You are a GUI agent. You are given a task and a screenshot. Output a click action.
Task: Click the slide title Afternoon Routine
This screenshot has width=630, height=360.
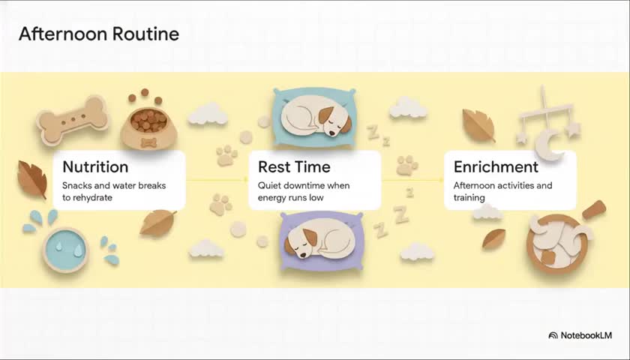tap(99, 34)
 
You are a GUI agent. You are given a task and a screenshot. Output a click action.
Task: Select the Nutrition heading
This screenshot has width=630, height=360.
tap(96, 166)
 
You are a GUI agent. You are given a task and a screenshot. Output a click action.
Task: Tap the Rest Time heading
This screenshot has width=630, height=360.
tap(294, 166)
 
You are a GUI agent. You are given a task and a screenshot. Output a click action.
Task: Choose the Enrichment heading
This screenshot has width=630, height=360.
tap(496, 166)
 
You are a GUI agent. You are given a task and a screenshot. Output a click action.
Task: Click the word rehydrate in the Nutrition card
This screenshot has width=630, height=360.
tap(92, 198)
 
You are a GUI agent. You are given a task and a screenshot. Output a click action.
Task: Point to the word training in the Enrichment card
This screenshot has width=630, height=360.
tap(469, 198)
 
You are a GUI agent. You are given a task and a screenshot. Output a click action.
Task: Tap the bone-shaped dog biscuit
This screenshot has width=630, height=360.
tap(72, 120)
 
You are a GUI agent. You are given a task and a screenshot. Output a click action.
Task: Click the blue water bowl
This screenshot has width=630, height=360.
tap(65, 250)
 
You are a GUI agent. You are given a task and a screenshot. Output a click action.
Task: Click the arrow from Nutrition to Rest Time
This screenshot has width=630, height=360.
tap(217, 179)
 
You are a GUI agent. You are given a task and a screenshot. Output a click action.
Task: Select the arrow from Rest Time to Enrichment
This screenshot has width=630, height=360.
tap(412, 179)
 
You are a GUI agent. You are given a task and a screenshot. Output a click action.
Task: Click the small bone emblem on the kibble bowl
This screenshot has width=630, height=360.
tap(148, 142)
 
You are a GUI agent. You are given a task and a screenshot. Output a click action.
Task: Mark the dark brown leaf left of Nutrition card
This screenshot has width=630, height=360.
tap(31, 179)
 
